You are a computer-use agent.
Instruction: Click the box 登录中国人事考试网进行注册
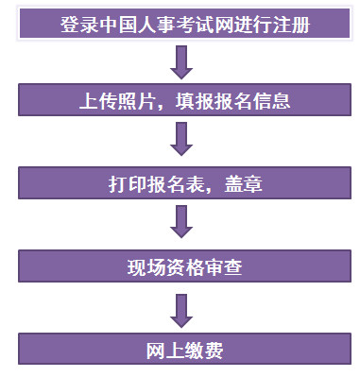180,23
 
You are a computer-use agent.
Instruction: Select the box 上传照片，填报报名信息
180,99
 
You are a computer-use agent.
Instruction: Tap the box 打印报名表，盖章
180,182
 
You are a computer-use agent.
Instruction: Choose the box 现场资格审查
180,266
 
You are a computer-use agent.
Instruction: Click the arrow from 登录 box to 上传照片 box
181,60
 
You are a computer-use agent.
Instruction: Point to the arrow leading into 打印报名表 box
181,139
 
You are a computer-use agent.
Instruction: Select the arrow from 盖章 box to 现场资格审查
181,223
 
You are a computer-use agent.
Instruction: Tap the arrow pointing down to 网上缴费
181,308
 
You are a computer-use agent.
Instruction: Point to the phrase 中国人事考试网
151,23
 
